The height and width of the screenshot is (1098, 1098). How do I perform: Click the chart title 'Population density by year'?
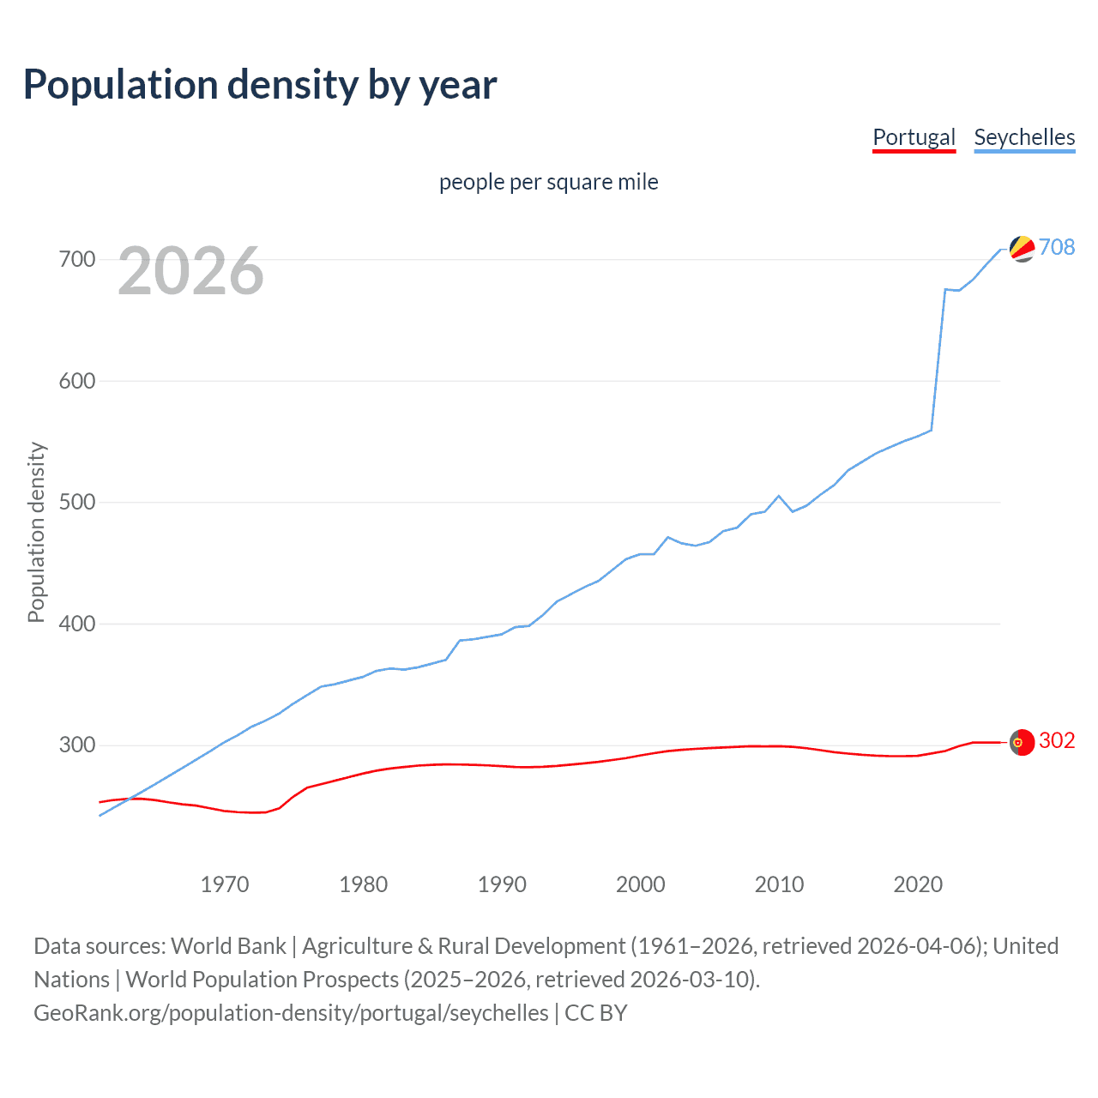(x=260, y=85)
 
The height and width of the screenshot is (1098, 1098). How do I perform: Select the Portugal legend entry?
(x=914, y=137)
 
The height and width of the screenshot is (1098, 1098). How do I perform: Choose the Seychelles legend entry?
(x=1024, y=137)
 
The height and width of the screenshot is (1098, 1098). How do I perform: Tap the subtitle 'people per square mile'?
(x=549, y=182)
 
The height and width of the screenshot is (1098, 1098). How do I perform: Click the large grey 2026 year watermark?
(x=190, y=271)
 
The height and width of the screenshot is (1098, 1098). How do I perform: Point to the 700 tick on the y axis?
(x=77, y=259)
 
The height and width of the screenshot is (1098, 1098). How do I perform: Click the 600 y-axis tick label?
(x=77, y=381)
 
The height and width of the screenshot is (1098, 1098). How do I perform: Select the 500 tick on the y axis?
(x=77, y=502)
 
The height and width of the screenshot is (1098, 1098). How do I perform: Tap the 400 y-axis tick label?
(x=77, y=624)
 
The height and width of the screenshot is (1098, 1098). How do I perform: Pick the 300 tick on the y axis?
(x=77, y=745)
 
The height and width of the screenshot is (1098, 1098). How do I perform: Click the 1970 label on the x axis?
(x=225, y=884)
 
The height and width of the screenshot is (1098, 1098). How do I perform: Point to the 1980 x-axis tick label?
(x=364, y=884)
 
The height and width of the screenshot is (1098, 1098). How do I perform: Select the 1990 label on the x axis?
(x=502, y=884)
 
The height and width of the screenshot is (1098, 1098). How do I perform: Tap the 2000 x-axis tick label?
(x=641, y=884)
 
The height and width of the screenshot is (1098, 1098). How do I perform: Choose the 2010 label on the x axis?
(x=779, y=884)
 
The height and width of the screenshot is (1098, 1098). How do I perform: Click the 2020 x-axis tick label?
(x=918, y=884)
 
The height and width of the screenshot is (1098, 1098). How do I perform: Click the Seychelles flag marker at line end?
(x=1022, y=249)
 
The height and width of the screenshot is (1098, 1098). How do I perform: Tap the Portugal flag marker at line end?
(x=1022, y=742)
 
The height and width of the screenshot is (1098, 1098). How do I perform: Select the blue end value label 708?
(x=1057, y=247)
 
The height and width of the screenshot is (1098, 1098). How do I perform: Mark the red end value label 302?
(x=1057, y=740)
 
